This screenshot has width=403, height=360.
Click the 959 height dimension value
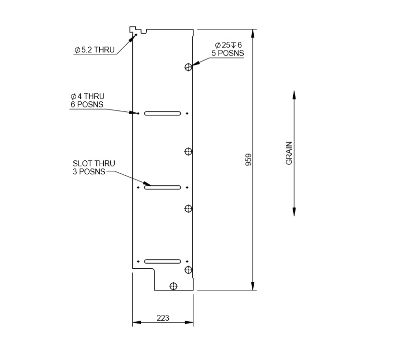(249, 160)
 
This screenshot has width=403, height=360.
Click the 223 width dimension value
(163, 318)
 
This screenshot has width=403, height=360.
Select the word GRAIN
(289, 154)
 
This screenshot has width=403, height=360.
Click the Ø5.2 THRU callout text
(95, 49)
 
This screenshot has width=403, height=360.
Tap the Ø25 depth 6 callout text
(228, 45)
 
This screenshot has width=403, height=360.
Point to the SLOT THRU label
(94, 164)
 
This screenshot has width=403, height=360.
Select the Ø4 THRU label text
(87, 96)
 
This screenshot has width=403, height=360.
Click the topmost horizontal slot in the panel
(163, 113)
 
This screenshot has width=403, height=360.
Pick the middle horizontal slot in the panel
(163, 187)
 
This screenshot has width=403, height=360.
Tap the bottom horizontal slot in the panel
(163, 262)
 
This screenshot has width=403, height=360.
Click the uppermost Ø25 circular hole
(189, 67)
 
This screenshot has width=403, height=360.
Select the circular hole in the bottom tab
(173, 286)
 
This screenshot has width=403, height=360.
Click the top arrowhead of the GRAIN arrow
(294, 95)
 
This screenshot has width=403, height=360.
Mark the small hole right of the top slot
(187, 113)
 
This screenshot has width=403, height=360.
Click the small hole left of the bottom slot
(138, 262)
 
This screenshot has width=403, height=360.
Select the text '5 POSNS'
(228, 53)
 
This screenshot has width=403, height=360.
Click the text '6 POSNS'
(87, 104)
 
